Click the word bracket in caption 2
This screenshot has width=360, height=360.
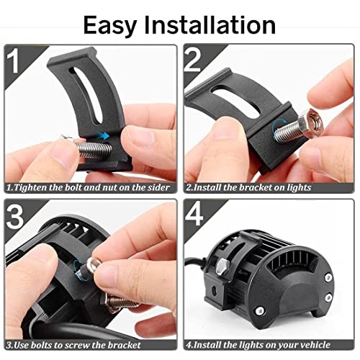click(x=252, y=187)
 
